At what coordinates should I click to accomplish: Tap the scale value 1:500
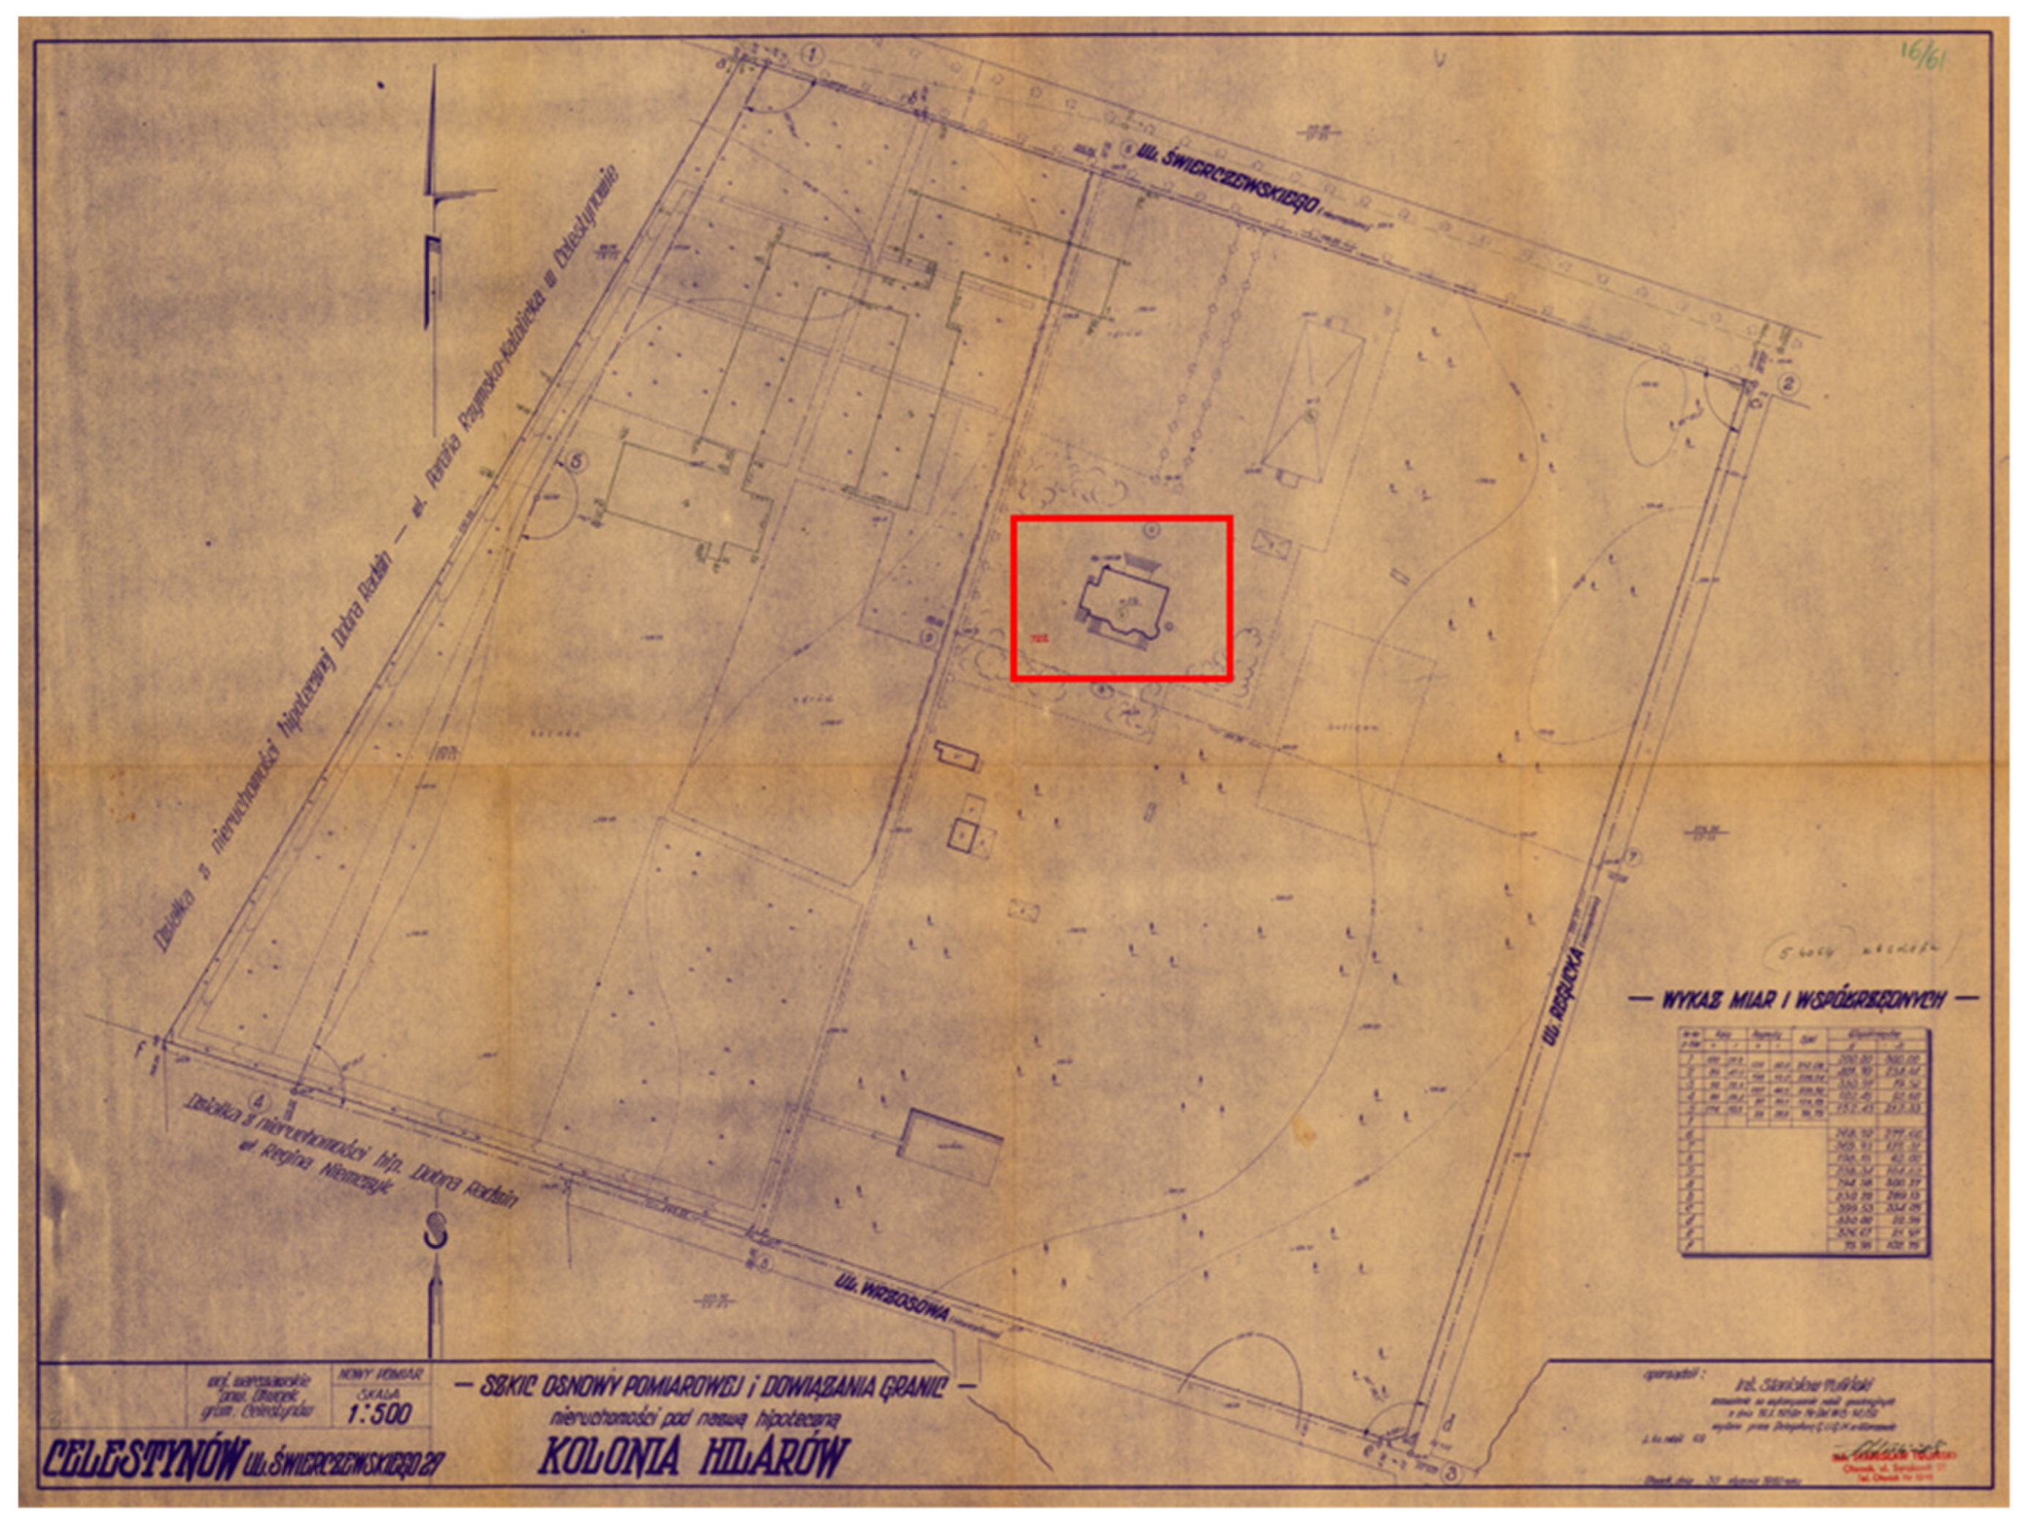coord(379,1414)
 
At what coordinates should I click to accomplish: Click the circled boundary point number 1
coord(812,54)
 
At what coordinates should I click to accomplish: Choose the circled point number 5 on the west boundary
coord(575,461)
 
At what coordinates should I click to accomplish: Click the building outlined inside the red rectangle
coord(1124,605)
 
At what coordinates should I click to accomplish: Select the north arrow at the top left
coord(433,197)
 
